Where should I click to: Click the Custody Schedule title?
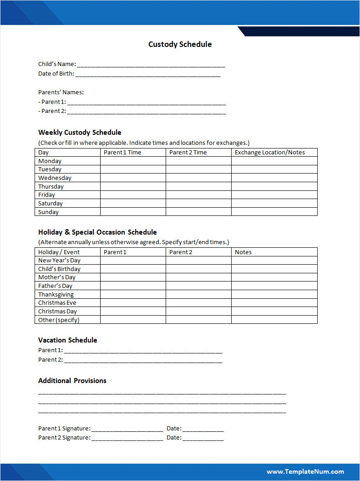(180, 44)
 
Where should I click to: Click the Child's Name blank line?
(151, 65)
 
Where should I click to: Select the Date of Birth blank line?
(147, 74)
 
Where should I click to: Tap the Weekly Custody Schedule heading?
(80, 133)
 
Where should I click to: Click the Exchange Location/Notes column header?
(270, 153)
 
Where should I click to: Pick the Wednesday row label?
(55, 178)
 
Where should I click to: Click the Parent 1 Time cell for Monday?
(133, 161)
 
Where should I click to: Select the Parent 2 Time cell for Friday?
(198, 195)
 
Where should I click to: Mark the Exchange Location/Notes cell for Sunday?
(274, 212)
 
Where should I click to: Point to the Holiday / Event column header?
(59, 252)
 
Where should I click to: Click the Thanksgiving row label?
(56, 295)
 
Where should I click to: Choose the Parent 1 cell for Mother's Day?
(133, 277)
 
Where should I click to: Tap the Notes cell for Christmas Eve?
(274, 303)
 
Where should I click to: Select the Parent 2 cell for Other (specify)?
(198, 320)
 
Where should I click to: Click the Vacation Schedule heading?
(67, 340)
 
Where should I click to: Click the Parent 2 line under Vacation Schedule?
(143, 360)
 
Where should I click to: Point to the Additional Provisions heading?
(72, 381)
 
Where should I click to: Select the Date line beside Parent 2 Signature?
(203, 438)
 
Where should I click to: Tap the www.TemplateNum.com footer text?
(305, 472)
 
